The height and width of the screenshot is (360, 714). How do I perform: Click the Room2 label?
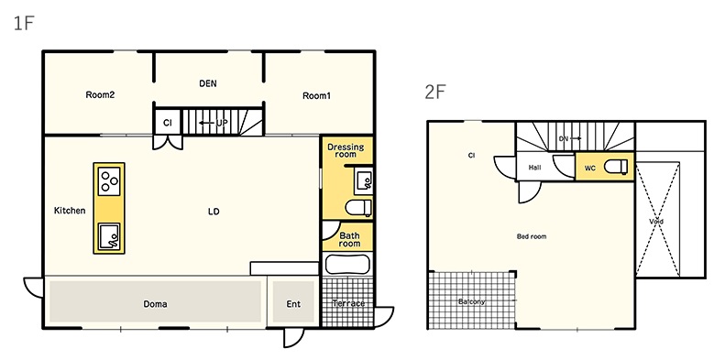pyautogui.click(x=100, y=95)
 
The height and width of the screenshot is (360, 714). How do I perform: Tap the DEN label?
pyautogui.click(x=208, y=83)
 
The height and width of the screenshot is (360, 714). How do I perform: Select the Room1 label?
pyautogui.click(x=316, y=95)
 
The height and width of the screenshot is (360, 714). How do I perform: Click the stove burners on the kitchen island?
pyautogui.click(x=109, y=181)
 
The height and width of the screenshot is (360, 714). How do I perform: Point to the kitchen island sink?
pyautogui.click(x=109, y=236)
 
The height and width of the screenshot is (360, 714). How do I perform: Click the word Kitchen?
pyautogui.click(x=70, y=211)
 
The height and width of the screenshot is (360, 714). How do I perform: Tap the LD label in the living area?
pyautogui.click(x=214, y=212)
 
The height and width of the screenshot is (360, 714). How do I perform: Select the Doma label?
pyautogui.click(x=155, y=304)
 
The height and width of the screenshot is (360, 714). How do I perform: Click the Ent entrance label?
pyautogui.click(x=293, y=304)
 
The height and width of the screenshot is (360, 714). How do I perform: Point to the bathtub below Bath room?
pyautogui.click(x=348, y=264)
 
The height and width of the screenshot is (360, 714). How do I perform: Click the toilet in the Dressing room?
pyautogui.click(x=358, y=209)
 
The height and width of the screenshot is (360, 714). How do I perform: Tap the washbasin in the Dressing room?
pyautogui.click(x=364, y=180)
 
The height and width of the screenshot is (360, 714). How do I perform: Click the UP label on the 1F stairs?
pyautogui.click(x=222, y=123)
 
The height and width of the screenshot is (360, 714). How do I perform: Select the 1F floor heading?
pyautogui.click(x=24, y=23)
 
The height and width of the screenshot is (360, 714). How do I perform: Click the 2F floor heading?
pyautogui.click(x=434, y=92)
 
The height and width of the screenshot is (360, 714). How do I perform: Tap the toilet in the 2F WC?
pyautogui.click(x=616, y=167)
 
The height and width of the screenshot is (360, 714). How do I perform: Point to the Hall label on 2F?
pyautogui.click(x=535, y=168)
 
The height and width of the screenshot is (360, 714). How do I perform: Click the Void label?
pyautogui.click(x=656, y=221)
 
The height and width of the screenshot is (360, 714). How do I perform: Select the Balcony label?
pyautogui.click(x=471, y=301)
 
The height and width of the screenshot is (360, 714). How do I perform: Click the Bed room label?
pyautogui.click(x=532, y=236)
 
